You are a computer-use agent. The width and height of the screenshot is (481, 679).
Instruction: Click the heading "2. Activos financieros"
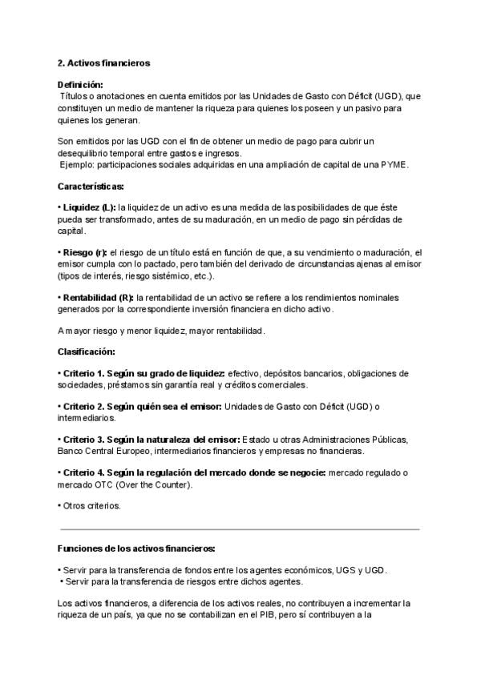[x=103, y=62]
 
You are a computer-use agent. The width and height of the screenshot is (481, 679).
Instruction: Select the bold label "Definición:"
[x=80, y=84]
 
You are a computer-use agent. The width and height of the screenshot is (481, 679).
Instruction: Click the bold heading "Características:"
[x=91, y=186]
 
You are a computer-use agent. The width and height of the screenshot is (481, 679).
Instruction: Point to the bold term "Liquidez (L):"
[x=89, y=207]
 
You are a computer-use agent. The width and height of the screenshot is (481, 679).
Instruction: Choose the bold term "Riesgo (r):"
[x=84, y=252]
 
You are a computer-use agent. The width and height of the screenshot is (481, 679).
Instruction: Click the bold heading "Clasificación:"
[x=87, y=352]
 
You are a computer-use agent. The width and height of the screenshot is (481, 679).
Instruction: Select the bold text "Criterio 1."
[x=84, y=373]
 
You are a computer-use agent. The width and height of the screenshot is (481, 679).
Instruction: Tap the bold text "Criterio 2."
[x=84, y=407]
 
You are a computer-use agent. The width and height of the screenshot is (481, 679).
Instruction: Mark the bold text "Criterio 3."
[x=84, y=440]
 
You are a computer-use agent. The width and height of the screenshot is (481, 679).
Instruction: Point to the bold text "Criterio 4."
[x=84, y=473]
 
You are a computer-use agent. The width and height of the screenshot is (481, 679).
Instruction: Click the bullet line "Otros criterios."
[x=91, y=506]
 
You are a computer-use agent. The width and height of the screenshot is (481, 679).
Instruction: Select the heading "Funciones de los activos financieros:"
[x=135, y=548]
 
